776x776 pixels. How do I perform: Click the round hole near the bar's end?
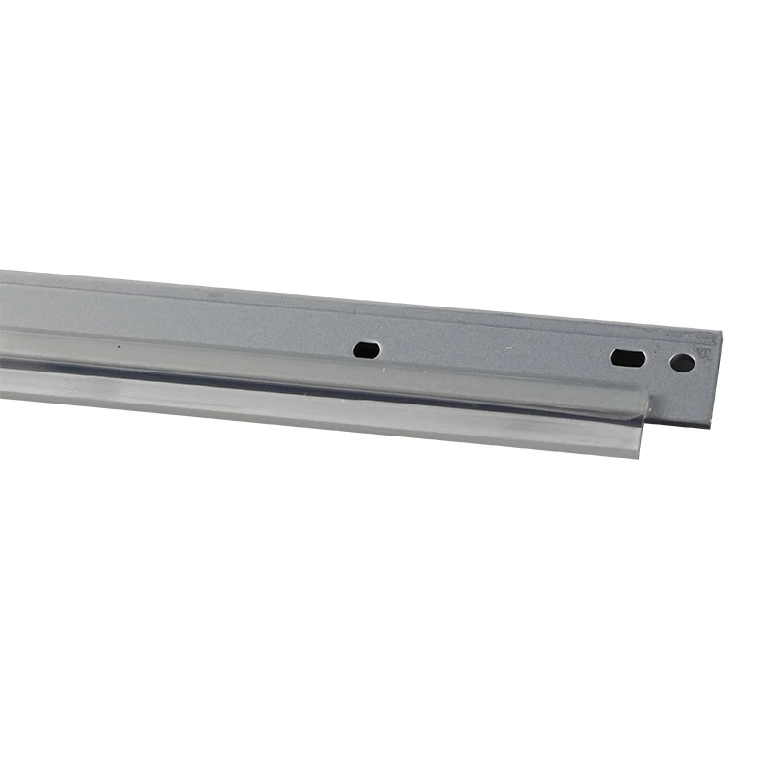682,363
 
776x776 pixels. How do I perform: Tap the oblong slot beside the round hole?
628,357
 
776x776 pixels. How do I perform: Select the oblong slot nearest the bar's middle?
366,349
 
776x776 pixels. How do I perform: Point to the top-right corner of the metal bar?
722,332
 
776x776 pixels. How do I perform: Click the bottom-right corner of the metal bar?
709,426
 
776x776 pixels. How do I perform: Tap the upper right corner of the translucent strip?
647,392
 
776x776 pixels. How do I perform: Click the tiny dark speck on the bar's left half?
119,344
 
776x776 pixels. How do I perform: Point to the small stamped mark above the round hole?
701,354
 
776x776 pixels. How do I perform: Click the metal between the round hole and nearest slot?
657,360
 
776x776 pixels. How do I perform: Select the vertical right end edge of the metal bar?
716,378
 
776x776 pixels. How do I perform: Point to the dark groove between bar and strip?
291,377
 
